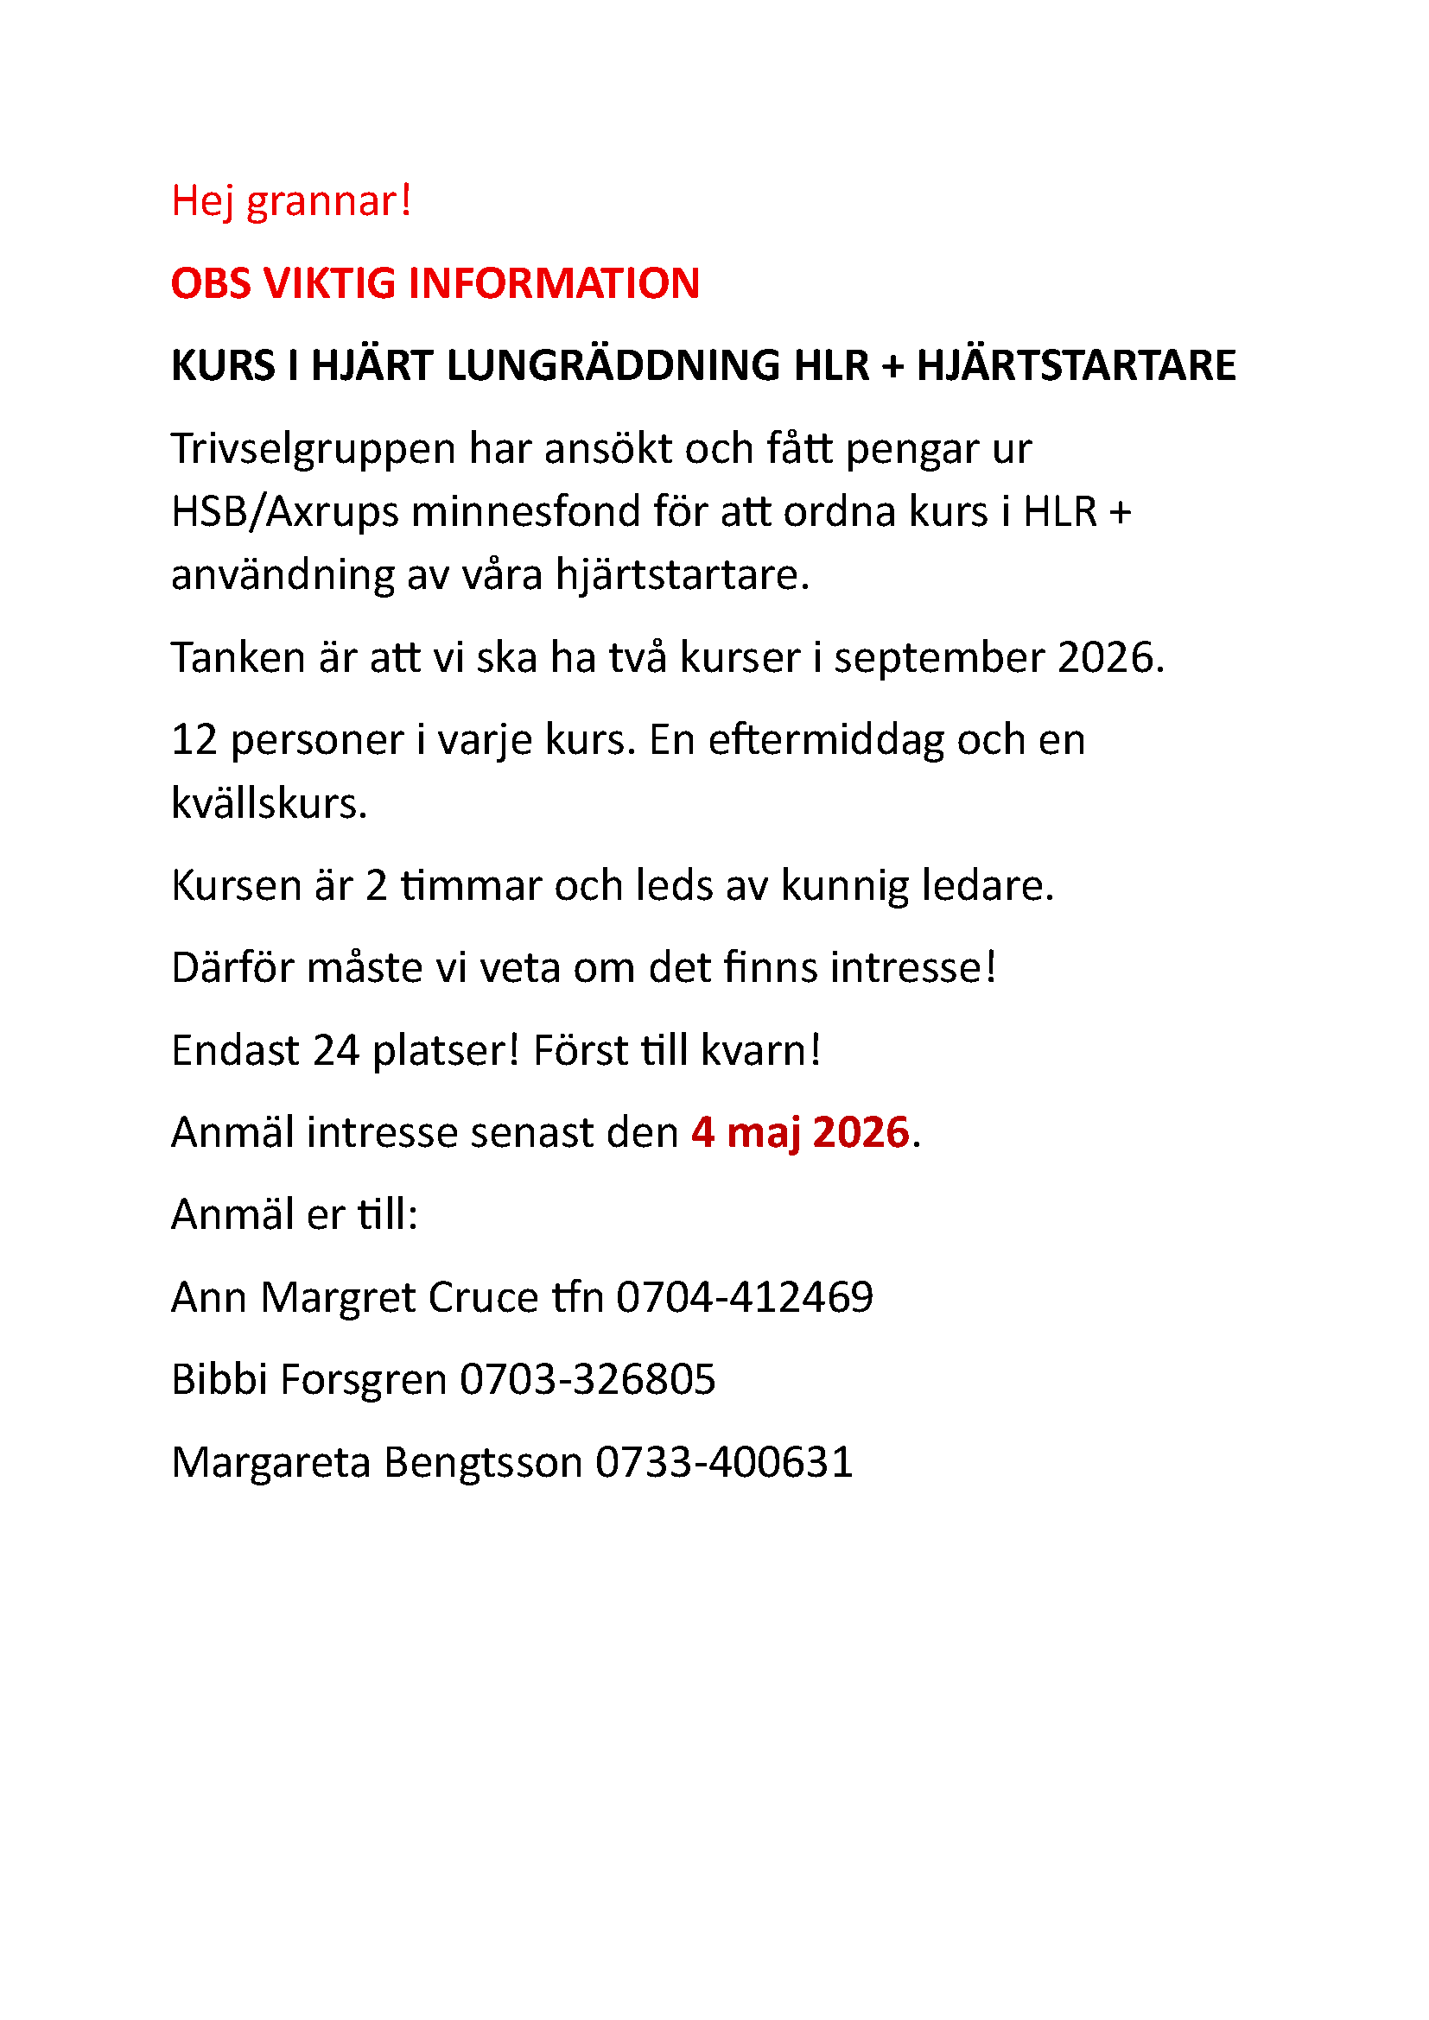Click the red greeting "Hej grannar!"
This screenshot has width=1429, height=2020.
point(291,201)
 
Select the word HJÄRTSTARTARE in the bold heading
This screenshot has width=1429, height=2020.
point(1077,365)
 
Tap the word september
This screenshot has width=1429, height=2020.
point(939,657)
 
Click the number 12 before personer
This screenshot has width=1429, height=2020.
point(194,739)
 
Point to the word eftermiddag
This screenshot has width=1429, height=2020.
point(825,739)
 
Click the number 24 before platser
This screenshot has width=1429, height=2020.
point(335,1049)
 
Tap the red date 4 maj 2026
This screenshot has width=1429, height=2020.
point(800,1132)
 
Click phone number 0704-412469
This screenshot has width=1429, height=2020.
point(745,1297)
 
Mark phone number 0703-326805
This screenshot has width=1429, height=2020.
point(587,1378)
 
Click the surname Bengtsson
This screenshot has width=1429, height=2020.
point(483,1462)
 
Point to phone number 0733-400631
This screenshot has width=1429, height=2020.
point(724,1462)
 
